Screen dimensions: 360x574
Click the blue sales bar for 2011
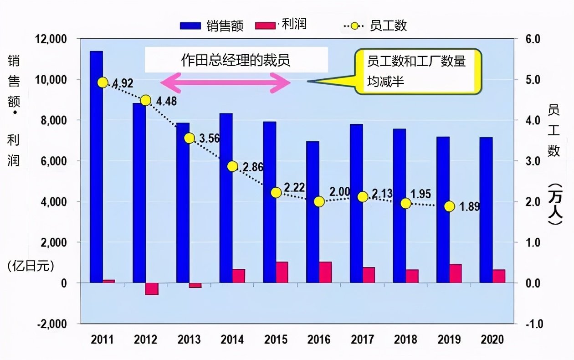[x=96, y=167]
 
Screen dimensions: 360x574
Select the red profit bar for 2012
[x=152, y=288]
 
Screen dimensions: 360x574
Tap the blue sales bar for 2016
[x=313, y=212]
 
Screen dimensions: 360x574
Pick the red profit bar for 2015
[x=282, y=272]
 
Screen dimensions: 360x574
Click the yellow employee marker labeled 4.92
[x=102, y=82]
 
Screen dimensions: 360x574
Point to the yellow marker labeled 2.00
[x=319, y=201]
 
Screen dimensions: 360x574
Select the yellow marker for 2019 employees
[x=450, y=206]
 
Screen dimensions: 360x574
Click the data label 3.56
[x=210, y=139]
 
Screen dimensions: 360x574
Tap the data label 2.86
[x=253, y=167]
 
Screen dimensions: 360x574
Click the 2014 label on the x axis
[x=232, y=339]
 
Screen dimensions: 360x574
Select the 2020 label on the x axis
[x=492, y=339]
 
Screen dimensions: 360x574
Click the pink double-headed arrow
[x=225, y=82]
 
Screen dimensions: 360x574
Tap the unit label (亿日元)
[x=31, y=266]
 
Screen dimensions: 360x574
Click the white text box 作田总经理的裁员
[x=236, y=60]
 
